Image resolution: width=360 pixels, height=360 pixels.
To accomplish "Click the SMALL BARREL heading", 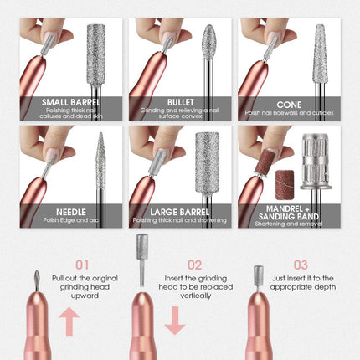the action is click(x=71, y=102).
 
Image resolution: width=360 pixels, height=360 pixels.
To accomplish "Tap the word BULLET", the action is click(x=181, y=102).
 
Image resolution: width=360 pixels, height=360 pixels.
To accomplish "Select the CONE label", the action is click(x=289, y=105).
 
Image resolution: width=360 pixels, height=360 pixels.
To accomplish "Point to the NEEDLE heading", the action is click(x=71, y=212).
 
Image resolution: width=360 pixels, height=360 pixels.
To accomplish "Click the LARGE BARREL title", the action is click(x=180, y=212).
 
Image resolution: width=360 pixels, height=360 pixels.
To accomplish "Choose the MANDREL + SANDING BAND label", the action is click(x=289, y=213).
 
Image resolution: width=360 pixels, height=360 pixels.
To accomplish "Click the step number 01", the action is click(x=82, y=265).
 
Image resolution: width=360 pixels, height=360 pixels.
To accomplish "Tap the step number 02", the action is click(x=194, y=265).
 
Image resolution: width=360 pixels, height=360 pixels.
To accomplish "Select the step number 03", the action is click(x=301, y=265).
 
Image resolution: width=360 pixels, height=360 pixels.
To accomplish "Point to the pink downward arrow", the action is click(x=175, y=321).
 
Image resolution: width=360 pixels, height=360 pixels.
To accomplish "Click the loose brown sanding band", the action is click(x=285, y=185).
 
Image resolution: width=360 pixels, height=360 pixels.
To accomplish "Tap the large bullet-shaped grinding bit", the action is click(x=209, y=42).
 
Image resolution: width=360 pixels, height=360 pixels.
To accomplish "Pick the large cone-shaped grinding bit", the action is click(x=320, y=54).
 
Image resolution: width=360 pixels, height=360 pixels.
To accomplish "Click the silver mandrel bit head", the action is click(x=316, y=162).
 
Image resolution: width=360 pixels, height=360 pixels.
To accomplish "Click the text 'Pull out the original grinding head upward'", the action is click(x=85, y=287).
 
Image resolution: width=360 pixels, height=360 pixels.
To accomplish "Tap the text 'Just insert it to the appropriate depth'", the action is click(x=303, y=283).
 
